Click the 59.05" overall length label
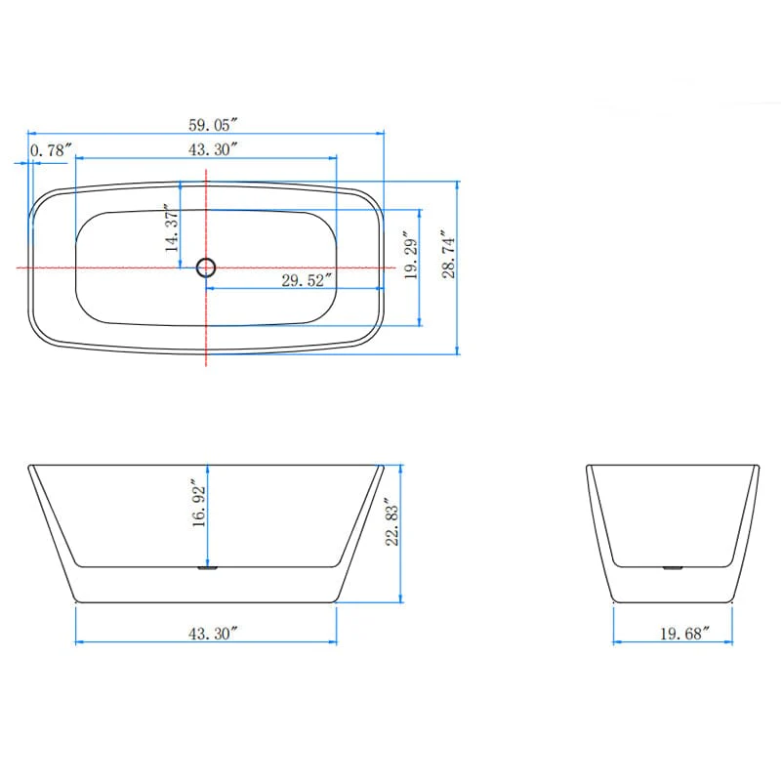pos(213,123)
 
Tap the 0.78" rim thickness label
pos(52,150)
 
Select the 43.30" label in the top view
pos(213,148)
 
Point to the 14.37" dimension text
pos(172,229)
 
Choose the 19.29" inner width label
pos(411,257)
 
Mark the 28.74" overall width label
pos(448,256)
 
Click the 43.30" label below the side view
pos(213,633)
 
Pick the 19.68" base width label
pos(682,634)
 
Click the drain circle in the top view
pos(206,267)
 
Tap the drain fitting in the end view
pos(673,565)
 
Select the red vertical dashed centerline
pos(206,322)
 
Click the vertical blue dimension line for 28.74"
pos(458,312)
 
